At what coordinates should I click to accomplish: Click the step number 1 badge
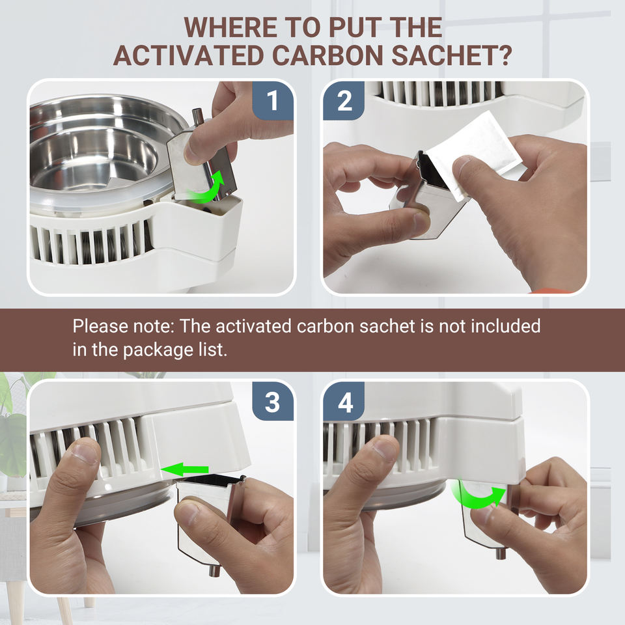click(273, 100)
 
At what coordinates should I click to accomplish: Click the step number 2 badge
click(344, 100)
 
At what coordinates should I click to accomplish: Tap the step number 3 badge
click(273, 402)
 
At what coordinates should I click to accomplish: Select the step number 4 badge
click(344, 402)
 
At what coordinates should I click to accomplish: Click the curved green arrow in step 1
click(207, 187)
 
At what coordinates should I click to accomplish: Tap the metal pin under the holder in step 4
click(499, 553)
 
